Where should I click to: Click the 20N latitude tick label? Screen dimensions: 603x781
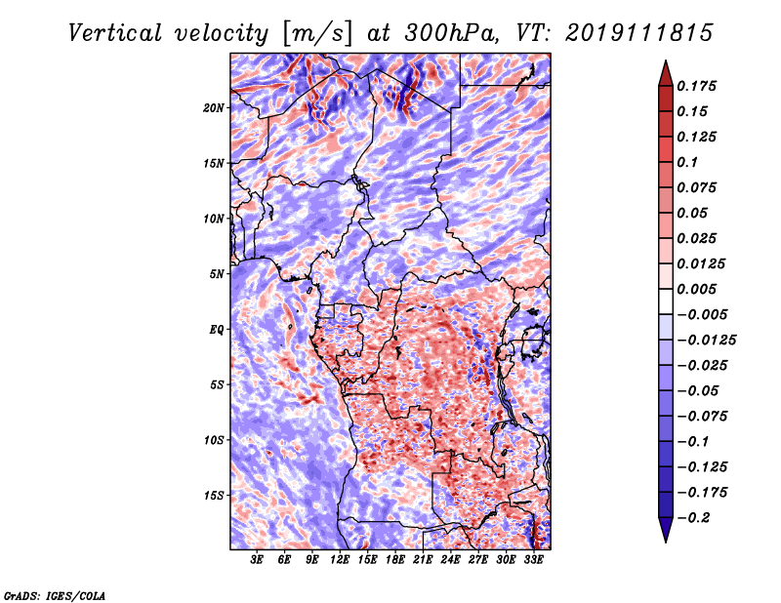[x=214, y=107]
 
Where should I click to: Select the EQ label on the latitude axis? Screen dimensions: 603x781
[x=217, y=329]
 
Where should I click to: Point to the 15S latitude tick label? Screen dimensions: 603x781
[x=214, y=495]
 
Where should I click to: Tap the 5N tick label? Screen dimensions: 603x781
[x=217, y=273]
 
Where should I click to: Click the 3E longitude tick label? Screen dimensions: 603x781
[x=258, y=560]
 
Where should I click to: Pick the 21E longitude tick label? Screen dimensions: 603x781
[x=424, y=560]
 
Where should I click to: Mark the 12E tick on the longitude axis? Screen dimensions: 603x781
[x=341, y=560]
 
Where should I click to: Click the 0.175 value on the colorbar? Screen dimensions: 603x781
[x=698, y=86]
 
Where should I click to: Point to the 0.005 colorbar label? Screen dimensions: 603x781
[x=698, y=289]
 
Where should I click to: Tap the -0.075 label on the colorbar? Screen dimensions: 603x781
[x=703, y=416]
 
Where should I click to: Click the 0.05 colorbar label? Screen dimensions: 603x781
[x=693, y=213]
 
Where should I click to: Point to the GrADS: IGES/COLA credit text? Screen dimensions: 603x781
[x=54, y=594]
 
